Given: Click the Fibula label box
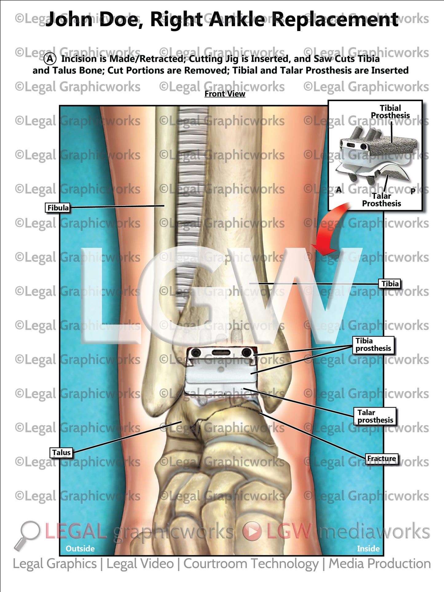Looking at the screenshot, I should [58, 208].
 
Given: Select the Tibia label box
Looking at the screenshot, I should [390, 284].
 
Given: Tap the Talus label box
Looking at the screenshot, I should [61, 453].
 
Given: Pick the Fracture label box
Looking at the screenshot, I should [382, 459].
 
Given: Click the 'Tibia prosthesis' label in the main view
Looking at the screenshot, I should [373, 345].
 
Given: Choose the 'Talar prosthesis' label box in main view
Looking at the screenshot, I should [375, 416].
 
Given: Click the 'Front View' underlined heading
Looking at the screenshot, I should [225, 94].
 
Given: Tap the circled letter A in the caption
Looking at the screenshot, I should [50, 59].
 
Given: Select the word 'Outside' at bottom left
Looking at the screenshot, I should [80, 548].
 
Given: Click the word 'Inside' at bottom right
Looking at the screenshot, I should [368, 548].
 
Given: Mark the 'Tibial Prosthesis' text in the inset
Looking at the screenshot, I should [390, 112].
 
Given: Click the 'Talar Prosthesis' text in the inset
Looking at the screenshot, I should [381, 200].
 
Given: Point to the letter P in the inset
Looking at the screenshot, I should [413, 191].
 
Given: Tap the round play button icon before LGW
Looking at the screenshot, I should [252, 531].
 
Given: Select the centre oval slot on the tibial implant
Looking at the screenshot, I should [221, 352].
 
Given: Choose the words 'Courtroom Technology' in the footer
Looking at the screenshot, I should [251, 564].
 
